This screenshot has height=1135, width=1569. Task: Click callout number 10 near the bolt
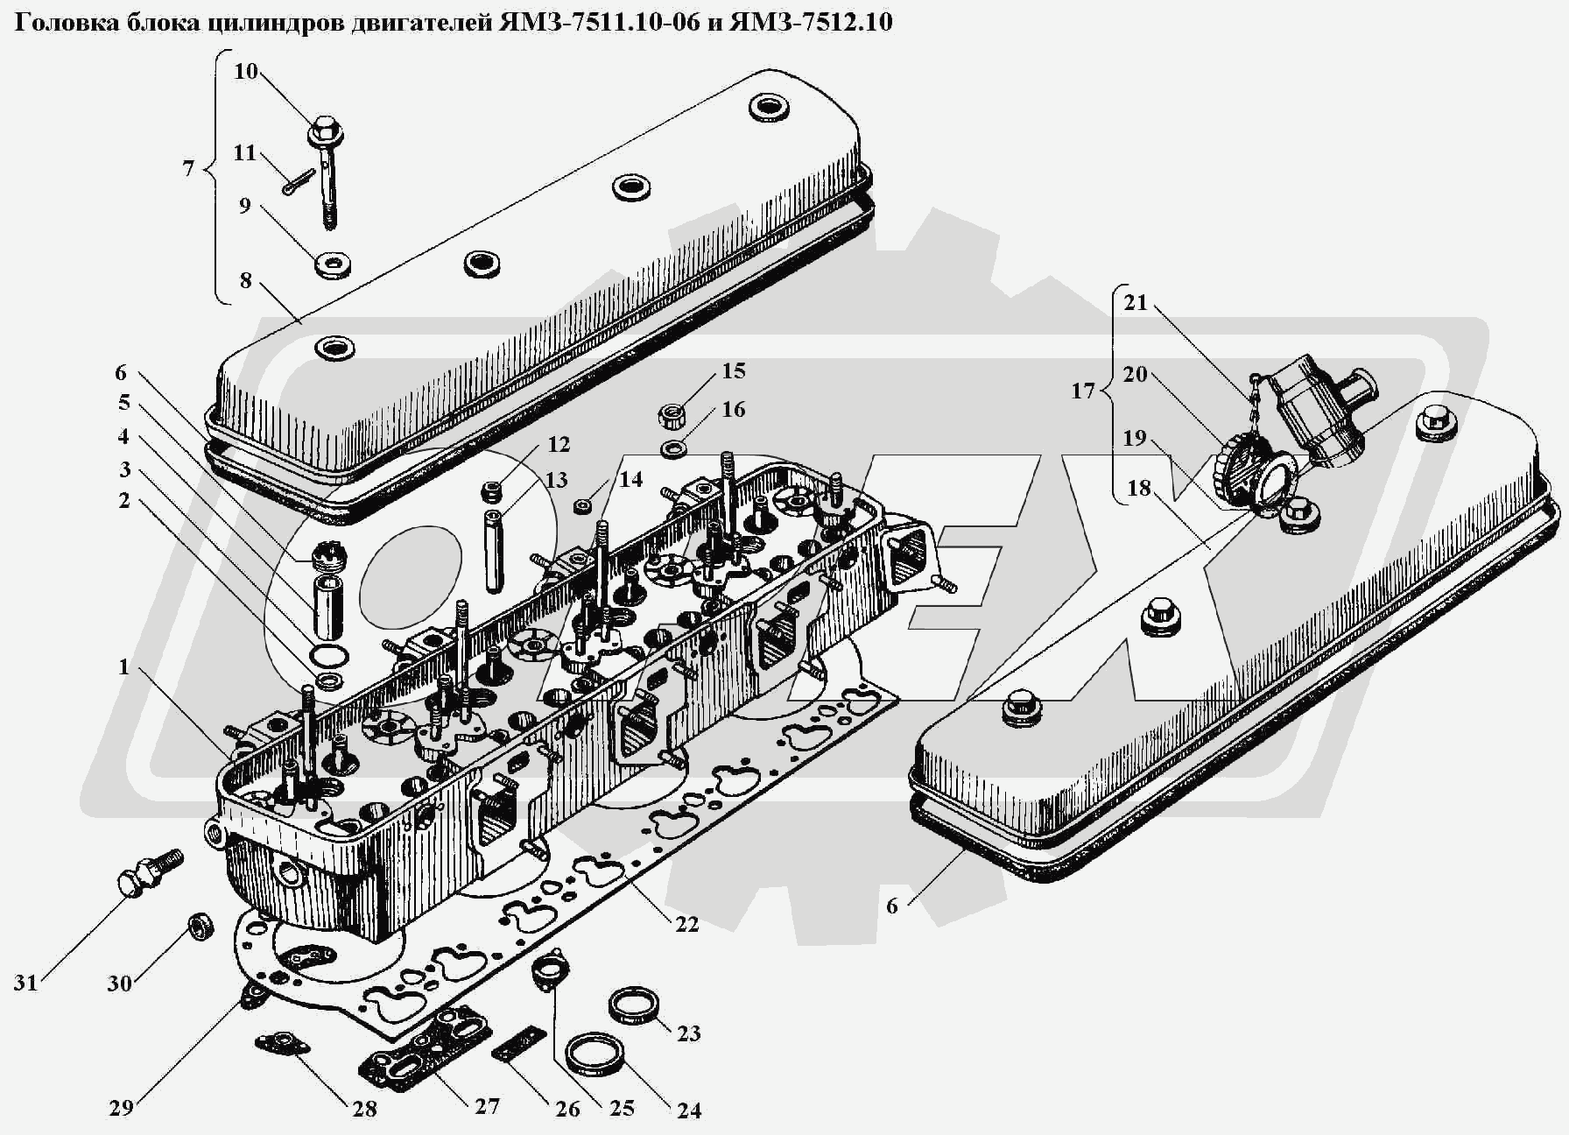click(245, 71)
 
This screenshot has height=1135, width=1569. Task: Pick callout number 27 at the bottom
click(487, 1105)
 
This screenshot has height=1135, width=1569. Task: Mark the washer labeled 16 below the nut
click(673, 450)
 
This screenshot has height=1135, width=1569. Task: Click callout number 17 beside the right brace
click(1082, 391)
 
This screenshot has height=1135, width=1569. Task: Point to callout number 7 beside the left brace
click(188, 167)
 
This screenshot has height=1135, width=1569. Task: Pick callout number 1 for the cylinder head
click(124, 667)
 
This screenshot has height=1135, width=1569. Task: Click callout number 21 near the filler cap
click(1136, 303)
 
